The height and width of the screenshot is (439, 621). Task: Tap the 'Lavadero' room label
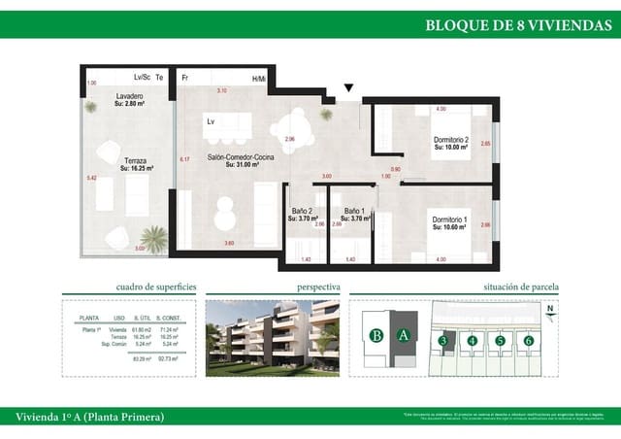click(x=130, y=97)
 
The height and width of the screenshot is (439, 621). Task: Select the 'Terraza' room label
click(x=135, y=161)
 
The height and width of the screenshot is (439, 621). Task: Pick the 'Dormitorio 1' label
click(x=449, y=220)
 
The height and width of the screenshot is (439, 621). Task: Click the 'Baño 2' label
click(x=302, y=212)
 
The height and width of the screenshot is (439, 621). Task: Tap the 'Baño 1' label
click(x=354, y=212)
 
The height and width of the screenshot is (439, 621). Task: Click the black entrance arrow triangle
click(x=348, y=88)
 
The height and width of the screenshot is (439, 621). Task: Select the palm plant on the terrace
click(x=152, y=236)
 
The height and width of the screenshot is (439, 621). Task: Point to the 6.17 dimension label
click(x=184, y=159)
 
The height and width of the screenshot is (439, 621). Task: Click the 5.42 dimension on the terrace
click(x=91, y=179)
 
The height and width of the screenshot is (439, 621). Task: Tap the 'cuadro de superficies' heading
click(x=156, y=287)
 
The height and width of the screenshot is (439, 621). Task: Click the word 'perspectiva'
click(x=318, y=287)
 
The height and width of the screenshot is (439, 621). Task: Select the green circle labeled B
click(x=375, y=337)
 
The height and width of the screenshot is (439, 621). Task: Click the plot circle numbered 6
click(x=529, y=340)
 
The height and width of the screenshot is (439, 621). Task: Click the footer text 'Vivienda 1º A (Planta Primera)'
click(x=89, y=417)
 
